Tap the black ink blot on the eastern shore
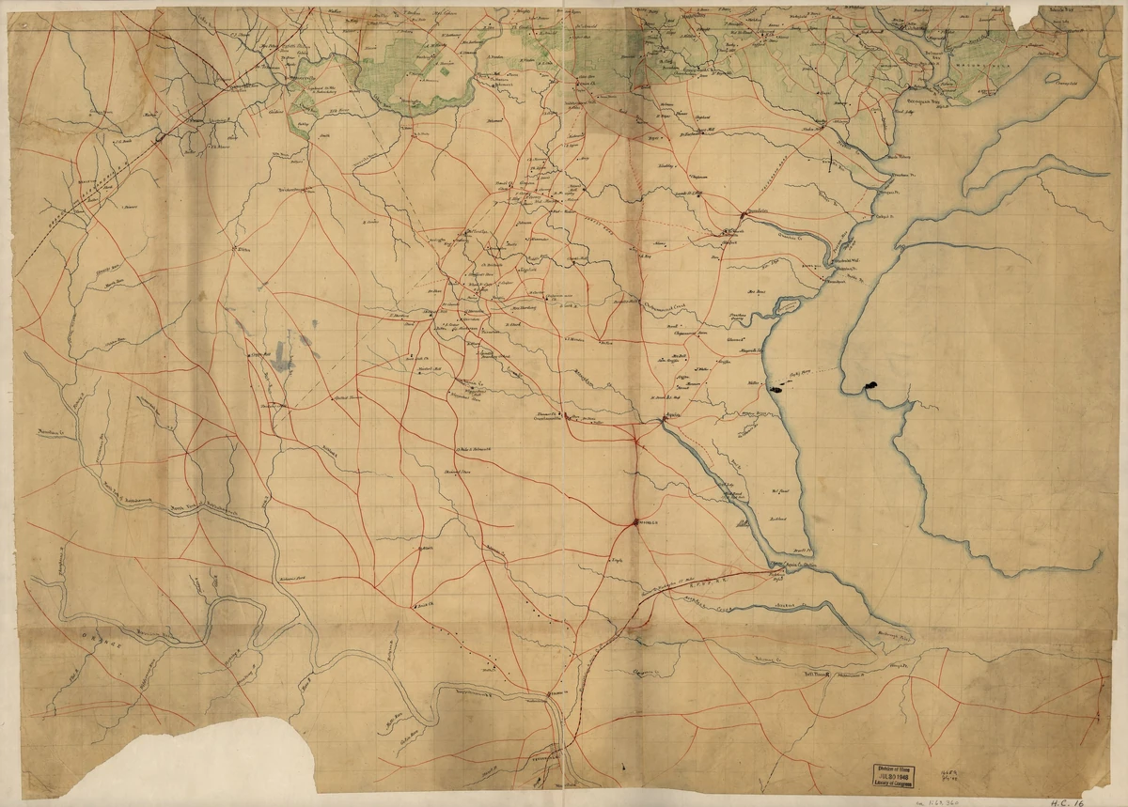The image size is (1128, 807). point(870,385)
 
